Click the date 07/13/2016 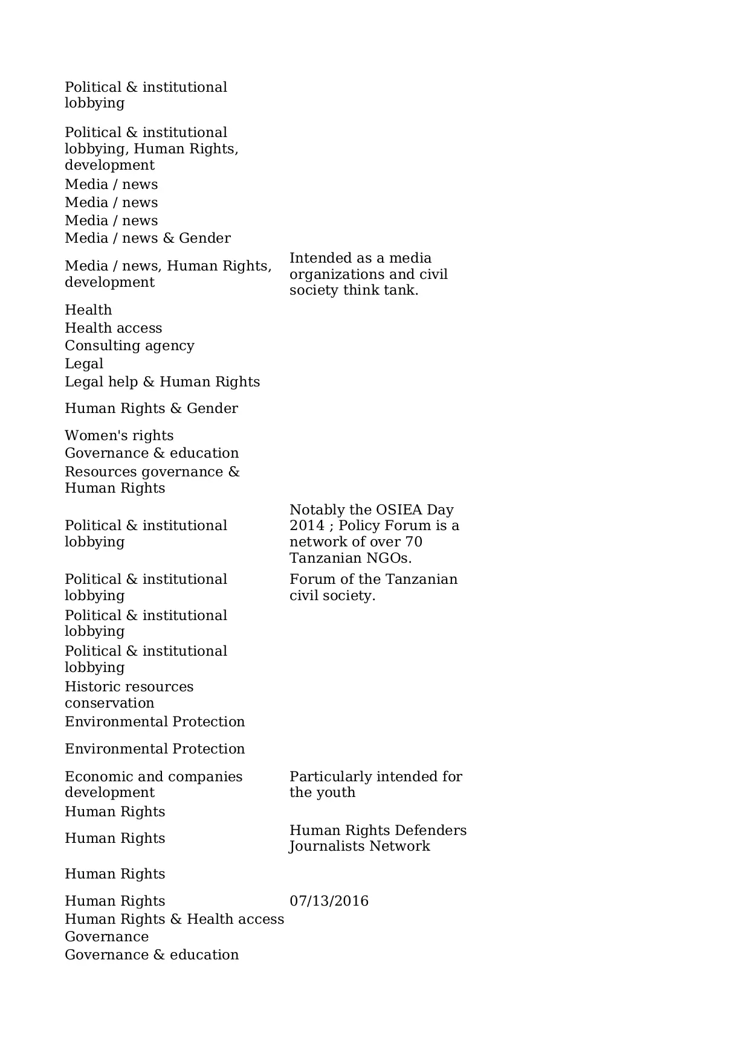click(x=329, y=901)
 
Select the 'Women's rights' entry click(x=119, y=435)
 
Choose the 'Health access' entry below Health click(x=113, y=328)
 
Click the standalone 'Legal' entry click(x=84, y=363)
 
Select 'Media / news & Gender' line click(x=147, y=238)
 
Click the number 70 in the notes click(x=413, y=542)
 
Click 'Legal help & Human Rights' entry click(x=162, y=382)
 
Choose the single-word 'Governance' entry click(x=106, y=936)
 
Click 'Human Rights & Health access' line click(x=174, y=919)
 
